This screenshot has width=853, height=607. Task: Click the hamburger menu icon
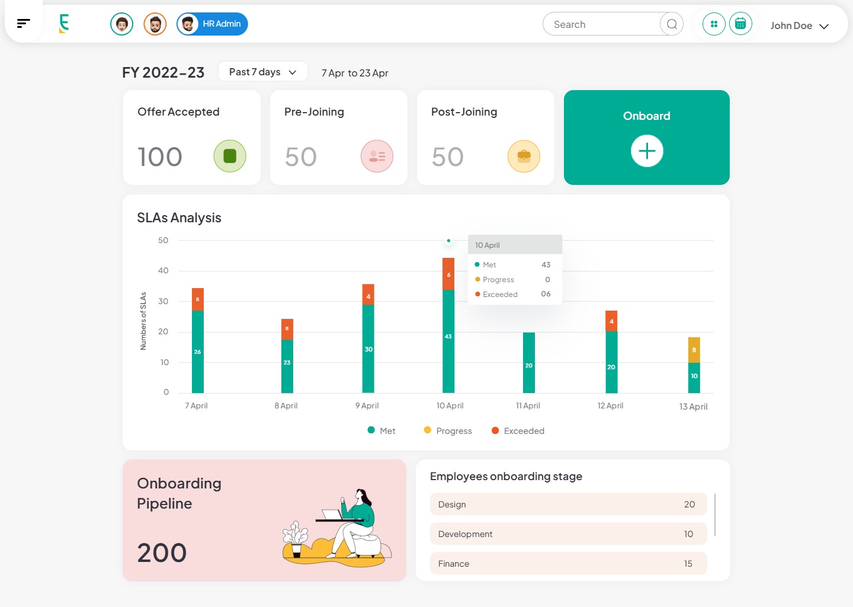(24, 23)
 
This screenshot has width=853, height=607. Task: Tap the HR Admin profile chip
(212, 24)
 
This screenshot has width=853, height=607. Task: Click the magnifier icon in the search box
(672, 24)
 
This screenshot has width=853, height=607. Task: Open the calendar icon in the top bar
(740, 24)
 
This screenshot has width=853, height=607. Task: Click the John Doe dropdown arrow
(824, 26)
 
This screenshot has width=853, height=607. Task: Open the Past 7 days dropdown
(262, 72)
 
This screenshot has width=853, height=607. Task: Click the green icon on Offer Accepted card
(230, 156)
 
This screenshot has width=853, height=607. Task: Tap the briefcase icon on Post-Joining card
(524, 156)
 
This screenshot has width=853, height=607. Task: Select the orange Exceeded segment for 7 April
(198, 299)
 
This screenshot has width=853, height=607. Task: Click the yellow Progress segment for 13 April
(694, 350)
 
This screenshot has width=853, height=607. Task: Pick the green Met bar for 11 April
(529, 362)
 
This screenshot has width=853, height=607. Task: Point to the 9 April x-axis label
(367, 405)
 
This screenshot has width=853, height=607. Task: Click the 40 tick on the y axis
(163, 271)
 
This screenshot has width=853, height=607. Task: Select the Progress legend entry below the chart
(448, 431)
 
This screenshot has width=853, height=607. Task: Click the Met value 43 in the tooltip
(546, 265)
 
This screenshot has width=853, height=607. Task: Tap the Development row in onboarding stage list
(569, 534)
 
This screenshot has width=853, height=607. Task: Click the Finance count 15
(688, 564)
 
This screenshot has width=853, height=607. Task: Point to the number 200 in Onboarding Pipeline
(162, 553)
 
